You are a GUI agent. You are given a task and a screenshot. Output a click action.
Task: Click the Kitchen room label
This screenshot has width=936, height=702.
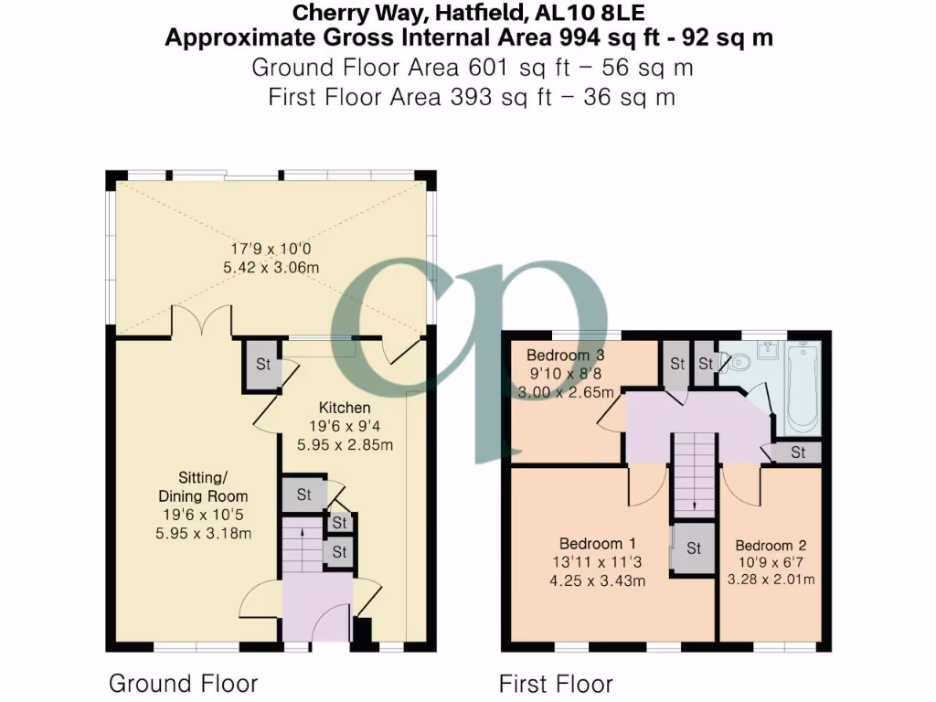click(x=345, y=408)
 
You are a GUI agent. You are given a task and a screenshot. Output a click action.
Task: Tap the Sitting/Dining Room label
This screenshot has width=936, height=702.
click(x=204, y=486)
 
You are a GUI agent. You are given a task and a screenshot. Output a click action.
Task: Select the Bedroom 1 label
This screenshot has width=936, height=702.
click(x=597, y=544)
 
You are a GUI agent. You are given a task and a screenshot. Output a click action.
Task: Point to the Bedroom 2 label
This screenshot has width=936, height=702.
click(x=771, y=545)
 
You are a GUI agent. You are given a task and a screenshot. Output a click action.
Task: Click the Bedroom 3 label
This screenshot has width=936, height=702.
click(x=565, y=356)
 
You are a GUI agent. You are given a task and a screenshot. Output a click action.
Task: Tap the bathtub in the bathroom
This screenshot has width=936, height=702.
click(x=803, y=388)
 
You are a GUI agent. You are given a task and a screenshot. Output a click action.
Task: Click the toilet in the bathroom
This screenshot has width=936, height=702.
click(x=736, y=362)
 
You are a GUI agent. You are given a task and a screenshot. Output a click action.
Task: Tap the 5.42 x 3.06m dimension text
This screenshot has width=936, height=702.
click(x=271, y=268)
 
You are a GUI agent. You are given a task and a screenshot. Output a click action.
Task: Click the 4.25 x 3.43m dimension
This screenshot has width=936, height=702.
click(x=598, y=580)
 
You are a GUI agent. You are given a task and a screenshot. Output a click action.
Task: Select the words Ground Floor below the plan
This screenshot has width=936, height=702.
click(x=183, y=683)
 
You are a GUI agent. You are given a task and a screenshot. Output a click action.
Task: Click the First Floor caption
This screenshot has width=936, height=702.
click(x=556, y=684)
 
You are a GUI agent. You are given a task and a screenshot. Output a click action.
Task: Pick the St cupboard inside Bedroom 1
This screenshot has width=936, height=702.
click(x=693, y=548)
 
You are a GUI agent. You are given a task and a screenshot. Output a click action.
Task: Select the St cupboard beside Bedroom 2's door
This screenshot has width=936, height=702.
click(x=798, y=452)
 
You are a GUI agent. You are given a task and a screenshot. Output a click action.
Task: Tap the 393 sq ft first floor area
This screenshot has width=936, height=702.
click(x=501, y=97)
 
